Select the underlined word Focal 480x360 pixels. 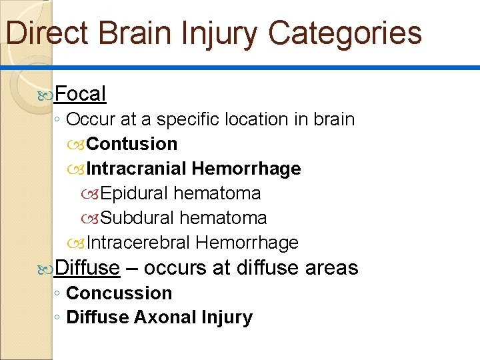point(80,94)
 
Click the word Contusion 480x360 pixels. point(132,144)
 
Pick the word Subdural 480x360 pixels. point(137,218)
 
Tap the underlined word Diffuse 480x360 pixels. point(87,268)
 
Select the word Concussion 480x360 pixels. point(119,293)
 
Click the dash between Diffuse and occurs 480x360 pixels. point(131,268)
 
